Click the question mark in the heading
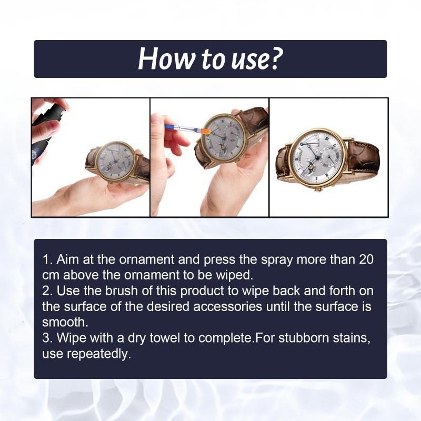click(275, 59)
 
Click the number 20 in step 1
click(366, 260)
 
